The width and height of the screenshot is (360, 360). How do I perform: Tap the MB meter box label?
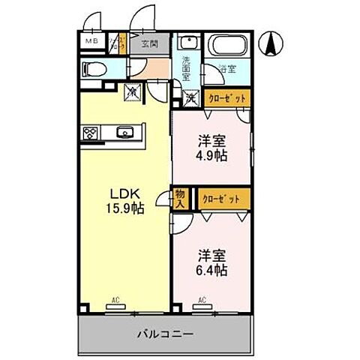pos(91,42)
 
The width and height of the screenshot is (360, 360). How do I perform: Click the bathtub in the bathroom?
pos(227,45)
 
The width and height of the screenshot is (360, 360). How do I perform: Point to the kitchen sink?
pos(124,134)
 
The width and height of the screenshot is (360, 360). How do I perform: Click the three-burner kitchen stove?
pos(91,134)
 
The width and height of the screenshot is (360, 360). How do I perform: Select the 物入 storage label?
pos(181,198)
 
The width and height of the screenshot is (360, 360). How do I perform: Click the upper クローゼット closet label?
pos(224,97)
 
